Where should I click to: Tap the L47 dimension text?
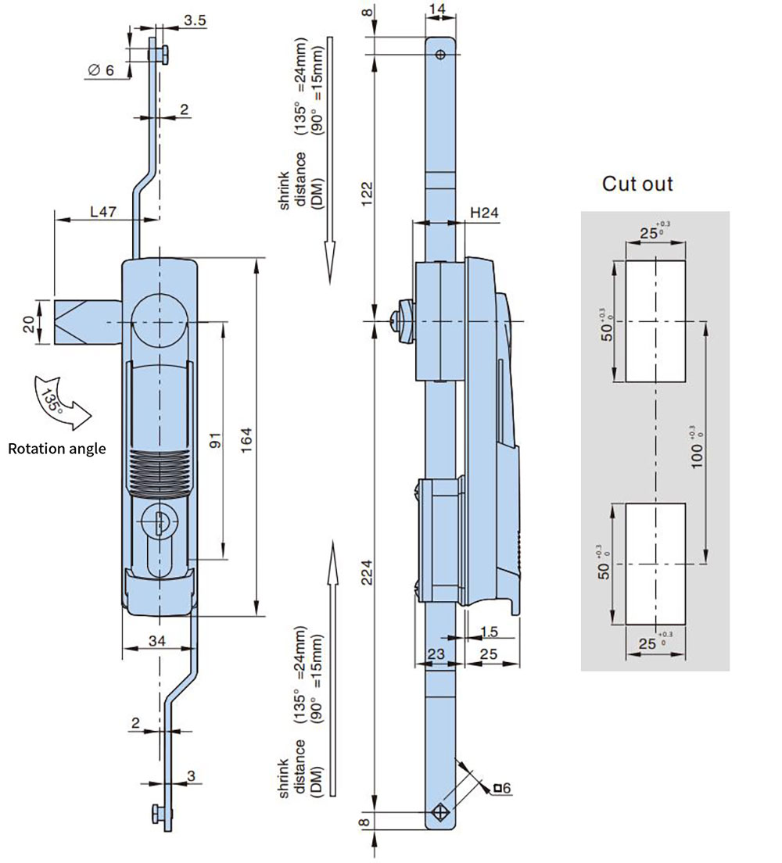103,211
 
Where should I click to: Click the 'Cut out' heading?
637,184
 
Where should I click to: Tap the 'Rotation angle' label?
56,449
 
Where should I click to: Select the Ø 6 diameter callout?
100,70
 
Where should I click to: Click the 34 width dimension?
156,641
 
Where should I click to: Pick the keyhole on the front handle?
159,520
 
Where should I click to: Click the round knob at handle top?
160,323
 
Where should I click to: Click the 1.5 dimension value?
490,631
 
